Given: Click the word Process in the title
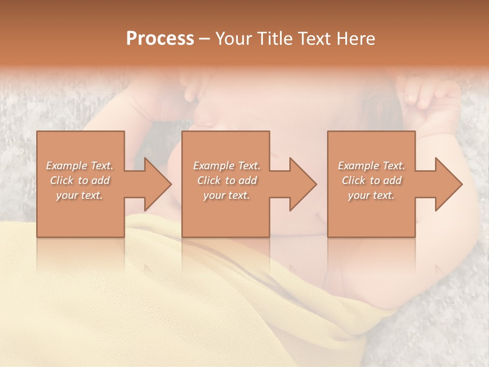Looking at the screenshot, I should point(160,39).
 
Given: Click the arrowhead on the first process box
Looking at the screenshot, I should point(157,184).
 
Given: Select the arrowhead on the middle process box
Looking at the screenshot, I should point(302,184).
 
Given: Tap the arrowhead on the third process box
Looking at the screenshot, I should point(448,184).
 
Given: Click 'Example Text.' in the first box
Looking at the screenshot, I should point(80,166).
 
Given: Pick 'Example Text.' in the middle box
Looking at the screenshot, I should point(227,166).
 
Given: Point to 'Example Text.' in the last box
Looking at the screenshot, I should point(371,166).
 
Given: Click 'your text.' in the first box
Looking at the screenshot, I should point(79,195).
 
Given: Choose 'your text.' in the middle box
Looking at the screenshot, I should point(226,195).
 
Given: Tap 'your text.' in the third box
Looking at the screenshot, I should point(371,195).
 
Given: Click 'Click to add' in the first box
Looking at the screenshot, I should point(80,180).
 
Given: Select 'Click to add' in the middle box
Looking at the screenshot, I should point(227,180).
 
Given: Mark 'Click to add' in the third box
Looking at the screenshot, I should point(371,180).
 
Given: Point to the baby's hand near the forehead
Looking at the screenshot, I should point(196,87).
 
